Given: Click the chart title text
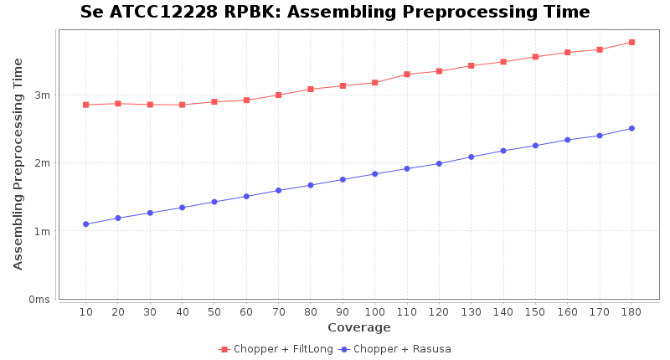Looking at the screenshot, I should point(335,13).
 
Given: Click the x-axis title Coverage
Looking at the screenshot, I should point(358,327).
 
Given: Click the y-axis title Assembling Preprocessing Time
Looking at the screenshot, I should point(18,163).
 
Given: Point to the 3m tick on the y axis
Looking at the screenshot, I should point(43,95).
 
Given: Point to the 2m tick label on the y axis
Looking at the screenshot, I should point(43,163).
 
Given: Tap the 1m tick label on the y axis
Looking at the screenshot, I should point(43,231).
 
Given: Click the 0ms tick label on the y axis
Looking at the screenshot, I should point(39,300).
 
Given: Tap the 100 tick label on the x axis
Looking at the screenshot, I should point(374,311).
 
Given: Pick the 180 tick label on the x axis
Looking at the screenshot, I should point(631,311).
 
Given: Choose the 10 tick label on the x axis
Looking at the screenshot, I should point(85,311).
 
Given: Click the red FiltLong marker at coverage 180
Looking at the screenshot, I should point(631,42).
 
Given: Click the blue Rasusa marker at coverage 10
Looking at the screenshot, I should point(85,224).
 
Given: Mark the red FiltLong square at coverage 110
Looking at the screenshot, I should point(407,75).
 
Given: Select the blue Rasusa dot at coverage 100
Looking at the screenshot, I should point(374,174).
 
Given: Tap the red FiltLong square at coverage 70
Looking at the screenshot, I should point(278,95).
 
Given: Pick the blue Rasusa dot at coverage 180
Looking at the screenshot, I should point(631,128).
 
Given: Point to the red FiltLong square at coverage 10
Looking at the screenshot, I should point(85,105).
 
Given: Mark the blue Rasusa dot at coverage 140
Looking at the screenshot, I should point(503,151).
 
